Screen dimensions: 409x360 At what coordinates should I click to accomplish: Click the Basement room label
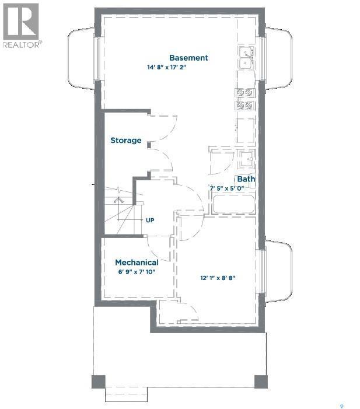[x=188, y=58]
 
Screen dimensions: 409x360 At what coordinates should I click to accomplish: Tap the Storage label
[x=126, y=141]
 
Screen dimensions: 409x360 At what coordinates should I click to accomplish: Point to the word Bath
[x=246, y=179]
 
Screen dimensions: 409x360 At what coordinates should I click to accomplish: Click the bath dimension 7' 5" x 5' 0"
[x=232, y=188]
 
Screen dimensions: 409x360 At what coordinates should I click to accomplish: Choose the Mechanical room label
[x=137, y=263]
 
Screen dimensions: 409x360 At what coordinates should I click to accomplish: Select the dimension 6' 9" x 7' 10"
[x=137, y=272]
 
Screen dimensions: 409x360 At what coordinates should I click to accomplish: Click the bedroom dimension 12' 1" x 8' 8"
[x=217, y=278]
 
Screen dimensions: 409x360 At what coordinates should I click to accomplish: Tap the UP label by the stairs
[x=150, y=221]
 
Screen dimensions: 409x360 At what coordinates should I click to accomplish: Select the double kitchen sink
[x=246, y=58]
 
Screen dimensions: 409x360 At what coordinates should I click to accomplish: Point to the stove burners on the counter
[x=245, y=99]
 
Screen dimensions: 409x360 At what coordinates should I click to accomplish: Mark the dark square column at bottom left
[x=99, y=382]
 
